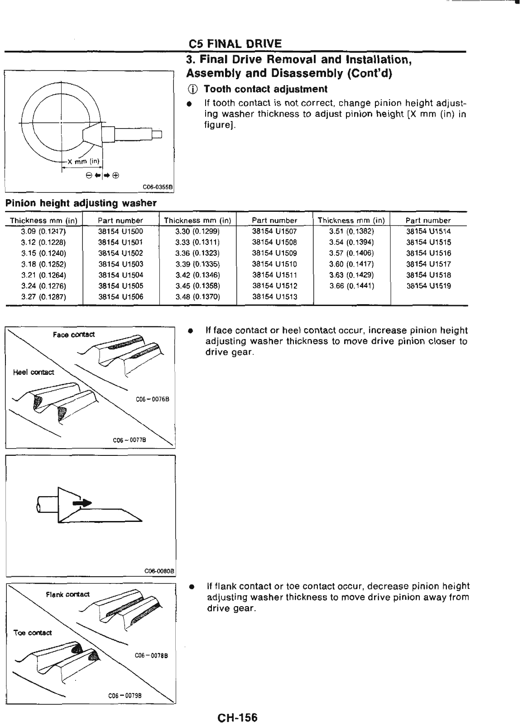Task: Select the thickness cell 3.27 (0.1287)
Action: pos(43,297)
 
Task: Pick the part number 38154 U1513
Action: pos(274,297)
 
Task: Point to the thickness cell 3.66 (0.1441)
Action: pos(351,286)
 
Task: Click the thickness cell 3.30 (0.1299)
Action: pos(197,231)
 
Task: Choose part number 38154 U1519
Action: pos(428,286)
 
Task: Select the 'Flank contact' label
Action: pos(68,594)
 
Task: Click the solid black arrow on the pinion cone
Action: pos(83,502)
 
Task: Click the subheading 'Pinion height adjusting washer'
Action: pos(81,203)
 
